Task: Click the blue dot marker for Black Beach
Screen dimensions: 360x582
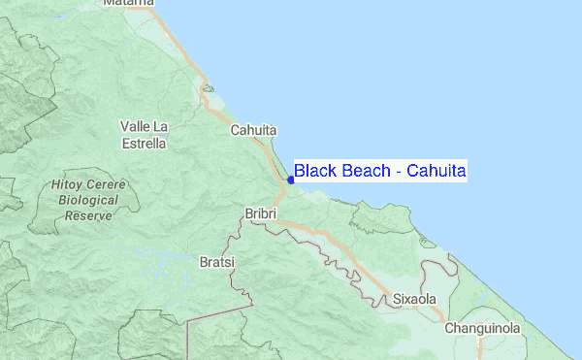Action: point(291,179)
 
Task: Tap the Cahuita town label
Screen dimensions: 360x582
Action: point(254,130)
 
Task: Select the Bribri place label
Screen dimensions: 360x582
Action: point(260,212)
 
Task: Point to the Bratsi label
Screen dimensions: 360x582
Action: point(217,262)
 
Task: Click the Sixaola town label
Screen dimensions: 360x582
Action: point(414,300)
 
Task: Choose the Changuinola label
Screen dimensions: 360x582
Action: point(482,328)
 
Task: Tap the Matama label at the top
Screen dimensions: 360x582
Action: point(129,3)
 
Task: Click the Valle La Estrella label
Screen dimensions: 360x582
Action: point(144,134)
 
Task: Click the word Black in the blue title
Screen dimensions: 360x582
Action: point(314,172)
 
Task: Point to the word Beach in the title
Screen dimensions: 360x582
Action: point(366,172)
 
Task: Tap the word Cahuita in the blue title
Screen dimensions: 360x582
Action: point(436,172)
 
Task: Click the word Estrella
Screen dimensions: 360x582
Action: point(143,143)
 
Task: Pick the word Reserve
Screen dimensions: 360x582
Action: point(88,215)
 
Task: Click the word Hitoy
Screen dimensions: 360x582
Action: point(63,184)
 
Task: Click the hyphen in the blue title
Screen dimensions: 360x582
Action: point(398,173)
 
